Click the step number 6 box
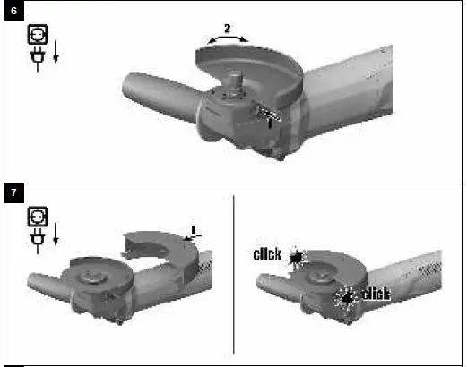tap(13, 13)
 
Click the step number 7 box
tap(13, 192)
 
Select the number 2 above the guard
tap(227, 29)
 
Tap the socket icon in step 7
tap(38, 217)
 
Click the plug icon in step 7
tap(37, 239)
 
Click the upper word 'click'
tap(267, 255)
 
